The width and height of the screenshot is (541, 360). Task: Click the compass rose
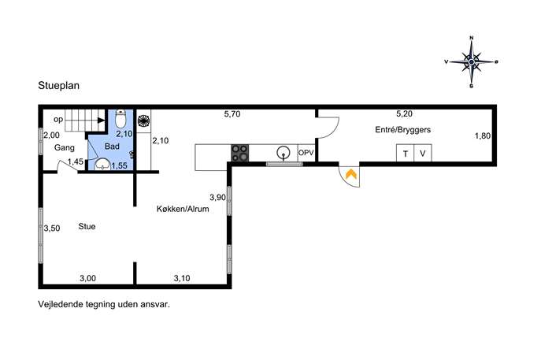coord(471,61)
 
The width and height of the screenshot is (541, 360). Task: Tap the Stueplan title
coord(58,86)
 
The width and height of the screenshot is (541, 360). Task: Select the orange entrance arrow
coord(351,174)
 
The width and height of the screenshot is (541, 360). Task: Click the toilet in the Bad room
coord(120,119)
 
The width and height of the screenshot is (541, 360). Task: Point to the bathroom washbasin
coord(102,165)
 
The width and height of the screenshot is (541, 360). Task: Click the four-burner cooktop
coord(240,153)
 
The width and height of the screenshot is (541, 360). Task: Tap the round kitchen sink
coord(283,152)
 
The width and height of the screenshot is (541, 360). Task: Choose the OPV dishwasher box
coord(306,153)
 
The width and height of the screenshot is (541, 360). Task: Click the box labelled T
coord(406,154)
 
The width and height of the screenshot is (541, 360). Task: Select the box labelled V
coord(423,154)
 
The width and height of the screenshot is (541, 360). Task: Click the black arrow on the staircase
coord(101,120)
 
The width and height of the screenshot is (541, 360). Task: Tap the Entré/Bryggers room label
coord(403,130)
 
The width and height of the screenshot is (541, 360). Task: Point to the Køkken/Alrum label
coord(183,209)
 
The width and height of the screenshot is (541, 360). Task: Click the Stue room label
coord(87,226)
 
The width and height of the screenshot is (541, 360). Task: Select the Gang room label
coord(65,148)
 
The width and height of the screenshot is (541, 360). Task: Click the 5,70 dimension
coord(232,114)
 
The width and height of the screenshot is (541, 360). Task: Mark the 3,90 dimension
coord(217,198)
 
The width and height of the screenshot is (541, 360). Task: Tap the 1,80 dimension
coord(483,136)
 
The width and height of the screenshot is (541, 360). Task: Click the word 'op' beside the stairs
coord(58,120)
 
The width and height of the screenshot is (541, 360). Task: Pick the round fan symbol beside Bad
coord(143,121)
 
